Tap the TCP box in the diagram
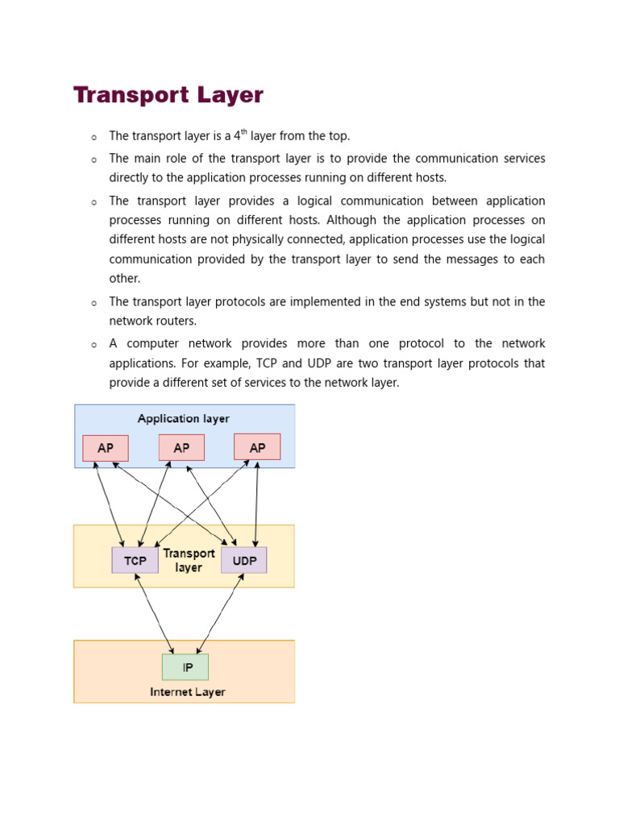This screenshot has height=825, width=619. [x=135, y=560]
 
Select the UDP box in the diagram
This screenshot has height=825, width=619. [x=243, y=560]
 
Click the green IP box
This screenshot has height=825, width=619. [x=185, y=667]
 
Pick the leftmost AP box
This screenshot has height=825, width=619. [x=106, y=448]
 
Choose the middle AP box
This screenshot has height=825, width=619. [x=181, y=448]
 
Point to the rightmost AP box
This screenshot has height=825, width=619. [x=257, y=447]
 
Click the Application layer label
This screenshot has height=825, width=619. [x=184, y=419]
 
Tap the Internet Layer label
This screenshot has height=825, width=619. [x=188, y=692]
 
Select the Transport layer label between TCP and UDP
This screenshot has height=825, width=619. [x=189, y=560]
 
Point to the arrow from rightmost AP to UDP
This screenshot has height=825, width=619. [x=256, y=504]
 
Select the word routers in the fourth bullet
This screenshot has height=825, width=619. [x=177, y=321]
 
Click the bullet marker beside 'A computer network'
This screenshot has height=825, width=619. [x=94, y=345]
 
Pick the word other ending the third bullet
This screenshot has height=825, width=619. [x=124, y=279]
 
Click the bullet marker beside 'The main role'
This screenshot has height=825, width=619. [x=94, y=160]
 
